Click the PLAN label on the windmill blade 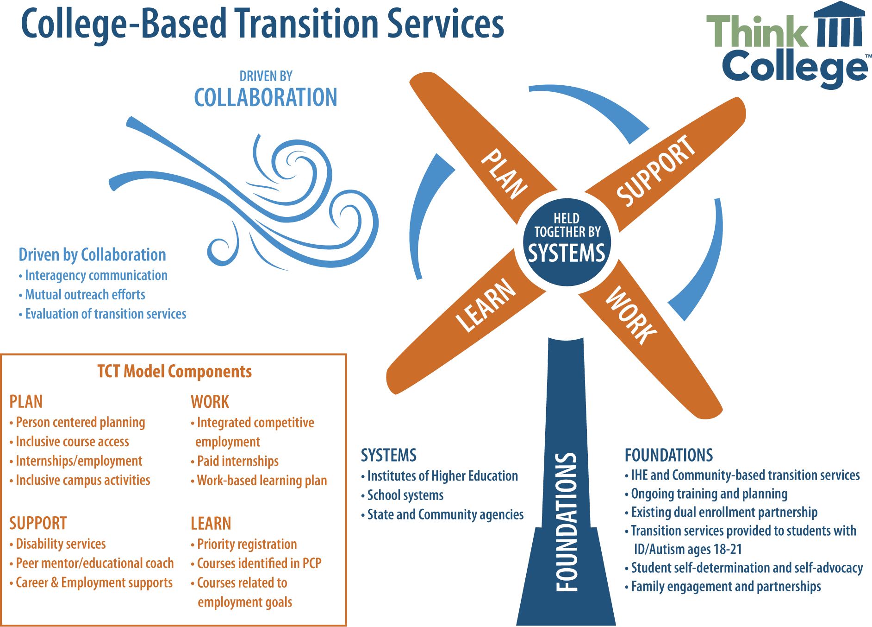tap(504, 174)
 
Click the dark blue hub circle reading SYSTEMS tap(567, 242)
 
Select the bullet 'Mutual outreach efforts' tap(82, 295)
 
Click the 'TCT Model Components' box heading tap(174, 371)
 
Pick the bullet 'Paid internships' tap(235, 461)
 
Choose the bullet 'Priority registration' tap(244, 544)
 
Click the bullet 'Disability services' tap(58, 544)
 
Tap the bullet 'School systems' tap(402, 495)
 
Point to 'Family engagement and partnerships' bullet tap(723, 587)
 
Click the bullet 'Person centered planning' tap(77, 423)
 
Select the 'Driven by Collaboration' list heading tap(92, 254)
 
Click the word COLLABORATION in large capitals tap(266, 97)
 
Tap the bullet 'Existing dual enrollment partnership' tap(721, 513)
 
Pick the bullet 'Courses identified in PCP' tap(256, 564)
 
